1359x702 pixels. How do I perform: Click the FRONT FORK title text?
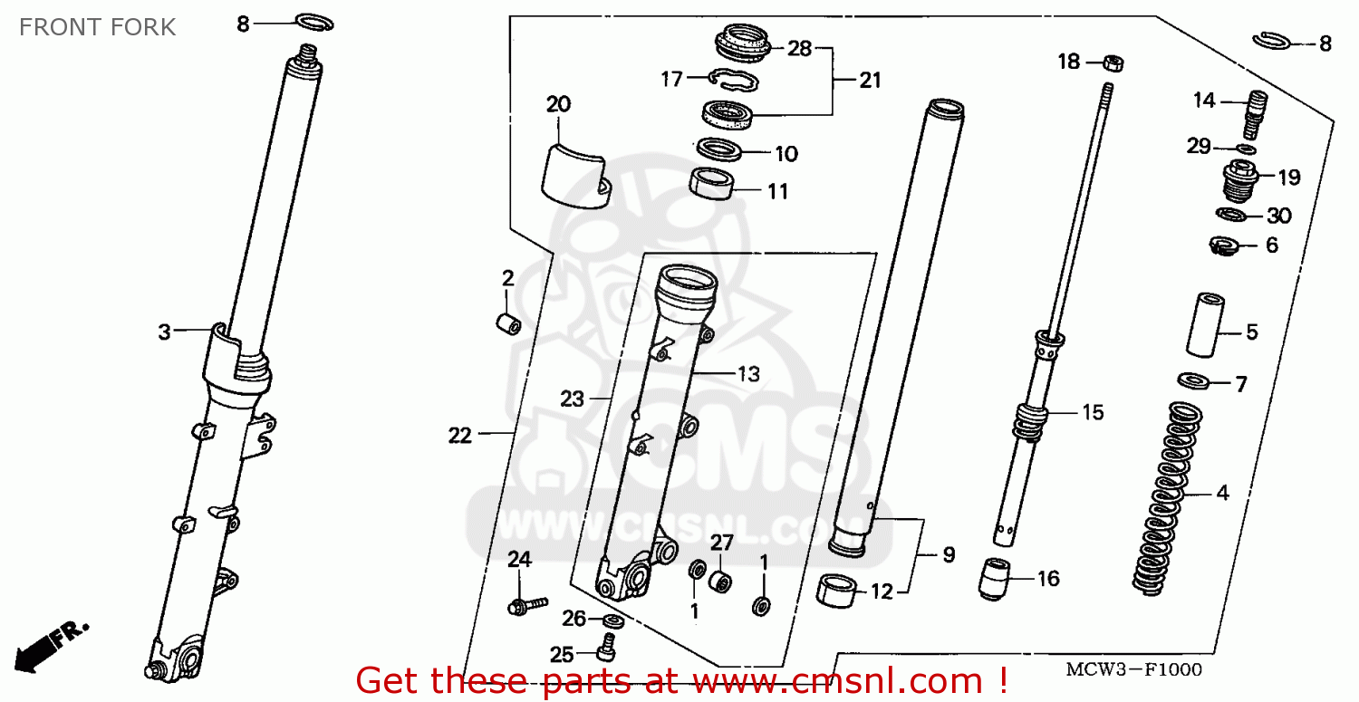[97, 27]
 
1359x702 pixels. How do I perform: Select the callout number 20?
[558, 104]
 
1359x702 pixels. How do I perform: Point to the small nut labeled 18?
[1113, 63]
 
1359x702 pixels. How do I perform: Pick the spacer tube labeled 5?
[1205, 325]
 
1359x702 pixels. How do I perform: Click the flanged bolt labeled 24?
[527, 605]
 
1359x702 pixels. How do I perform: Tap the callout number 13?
[748, 374]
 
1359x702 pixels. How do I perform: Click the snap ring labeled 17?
[734, 80]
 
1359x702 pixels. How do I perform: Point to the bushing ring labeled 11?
[711, 183]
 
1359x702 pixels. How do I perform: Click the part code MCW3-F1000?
[1134, 669]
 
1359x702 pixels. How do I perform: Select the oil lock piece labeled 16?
[995, 580]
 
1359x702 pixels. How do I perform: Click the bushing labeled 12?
[836, 591]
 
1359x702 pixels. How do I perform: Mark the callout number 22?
[460, 435]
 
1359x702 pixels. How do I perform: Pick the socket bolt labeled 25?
[607, 648]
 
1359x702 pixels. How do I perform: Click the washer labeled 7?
[1193, 381]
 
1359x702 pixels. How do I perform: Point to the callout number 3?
[164, 332]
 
